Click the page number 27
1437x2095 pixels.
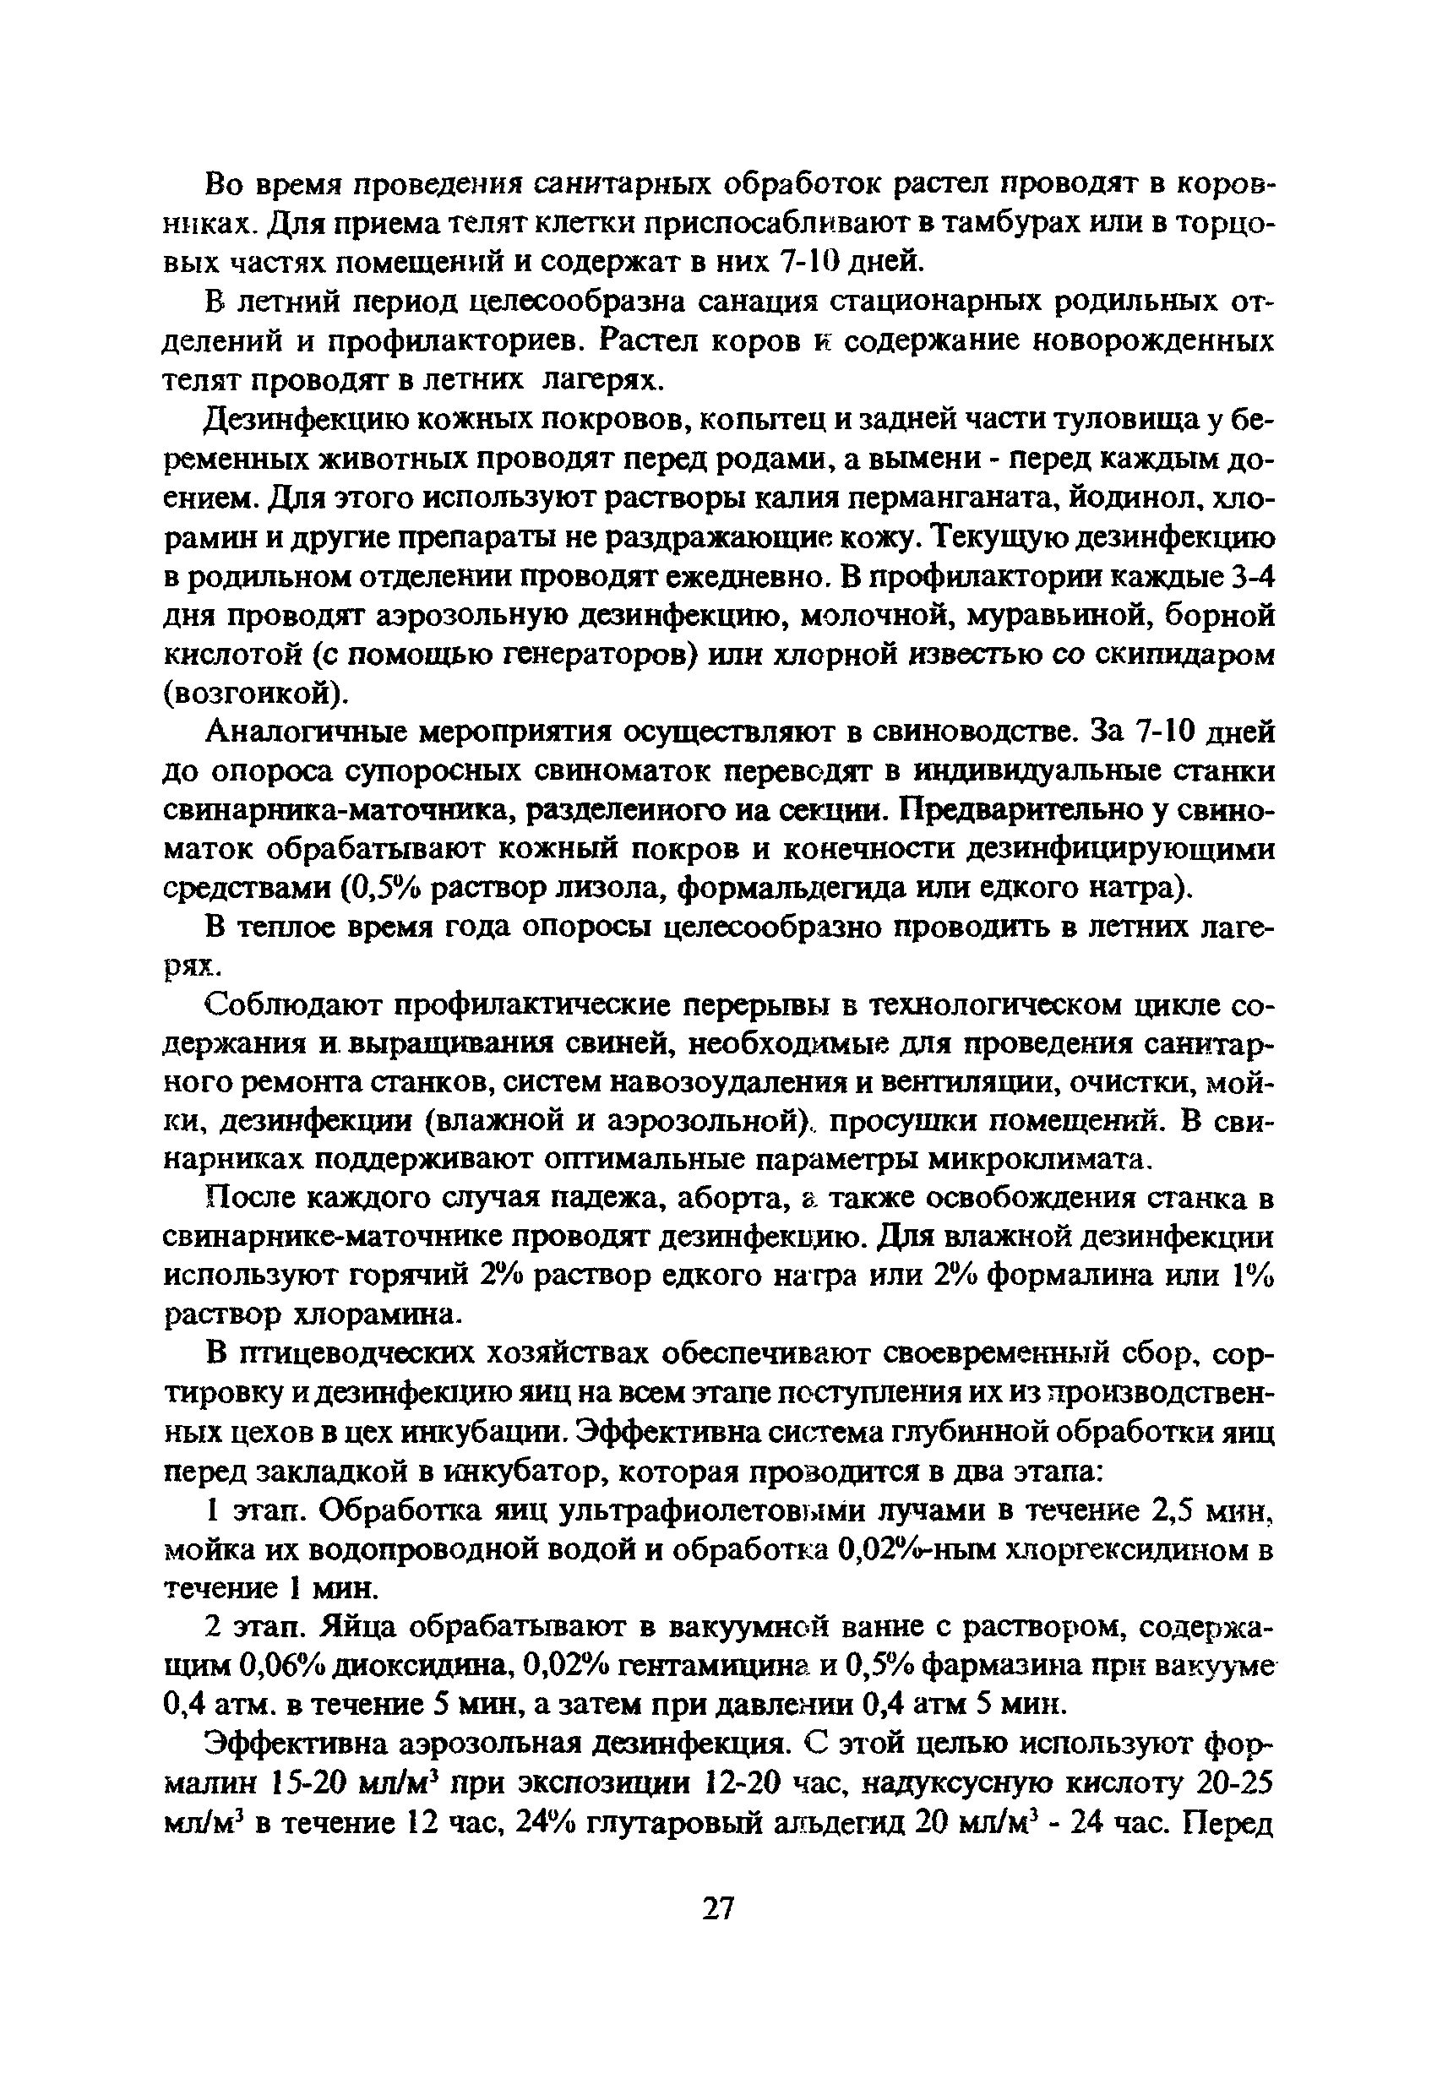click(718, 1909)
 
